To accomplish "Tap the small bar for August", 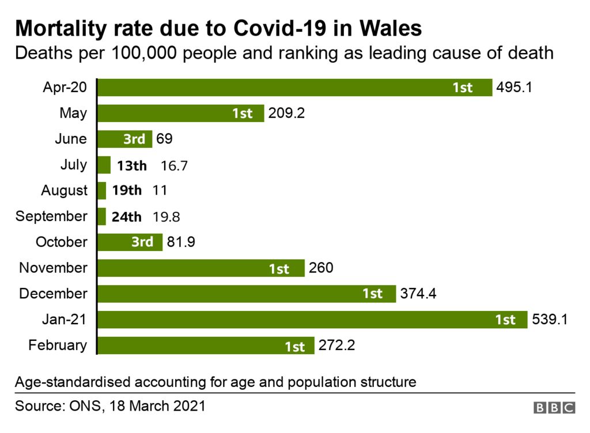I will pyautogui.click(x=102, y=190).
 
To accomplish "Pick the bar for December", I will pyautogui.click(x=247, y=293).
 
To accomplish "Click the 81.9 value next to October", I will pyautogui.click(x=181, y=242).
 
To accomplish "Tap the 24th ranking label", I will pyautogui.click(x=127, y=216).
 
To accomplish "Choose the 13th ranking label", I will pyautogui.click(x=132, y=165).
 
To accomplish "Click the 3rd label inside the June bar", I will pyautogui.click(x=134, y=139).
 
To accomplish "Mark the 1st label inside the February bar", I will pyautogui.click(x=294, y=346).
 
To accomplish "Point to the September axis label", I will pyautogui.click(x=51, y=216).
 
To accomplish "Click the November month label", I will pyautogui.click(x=53, y=268).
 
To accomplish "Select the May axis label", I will pyautogui.click(x=73, y=113).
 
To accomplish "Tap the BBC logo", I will pyautogui.click(x=554, y=408).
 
